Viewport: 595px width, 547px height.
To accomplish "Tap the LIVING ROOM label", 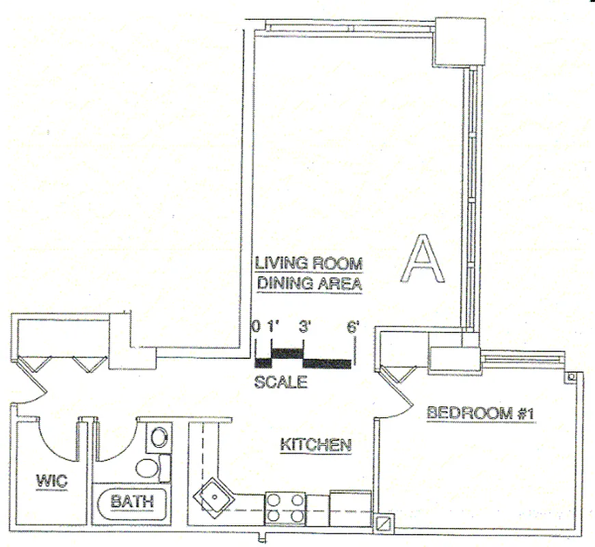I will tap(308, 263).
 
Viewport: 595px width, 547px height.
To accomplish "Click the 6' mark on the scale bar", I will tap(353, 327).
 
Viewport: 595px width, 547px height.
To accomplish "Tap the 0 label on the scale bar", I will tap(256, 327).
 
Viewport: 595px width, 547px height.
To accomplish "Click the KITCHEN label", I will tap(316, 445).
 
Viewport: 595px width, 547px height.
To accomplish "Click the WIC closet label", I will tap(51, 481).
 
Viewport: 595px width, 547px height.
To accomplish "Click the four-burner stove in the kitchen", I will tap(286, 508).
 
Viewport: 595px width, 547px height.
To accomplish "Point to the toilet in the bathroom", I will tap(148, 468).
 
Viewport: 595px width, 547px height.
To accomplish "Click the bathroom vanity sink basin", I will tap(159, 438).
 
